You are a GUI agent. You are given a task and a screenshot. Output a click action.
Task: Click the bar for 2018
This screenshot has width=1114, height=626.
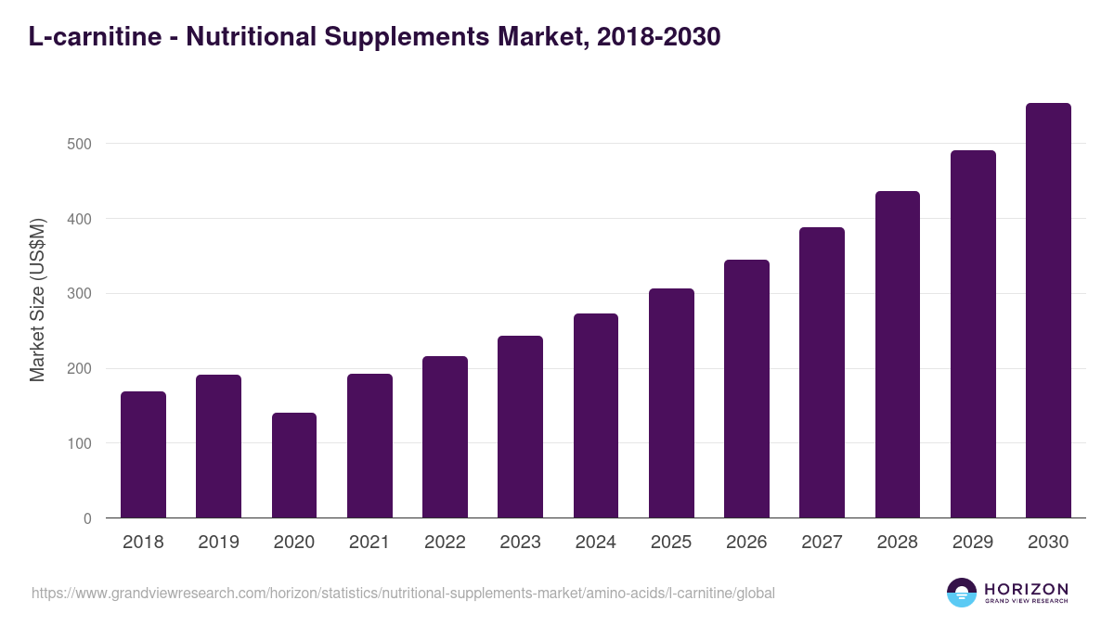143,454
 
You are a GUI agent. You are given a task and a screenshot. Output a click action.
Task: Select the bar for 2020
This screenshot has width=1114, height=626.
294,466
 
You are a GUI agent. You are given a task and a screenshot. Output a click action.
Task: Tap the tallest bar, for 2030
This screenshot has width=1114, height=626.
1048,311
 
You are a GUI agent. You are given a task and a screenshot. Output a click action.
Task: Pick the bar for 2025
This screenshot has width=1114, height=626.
671,403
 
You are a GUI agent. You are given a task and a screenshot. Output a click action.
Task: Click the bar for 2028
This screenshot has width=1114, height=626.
898,354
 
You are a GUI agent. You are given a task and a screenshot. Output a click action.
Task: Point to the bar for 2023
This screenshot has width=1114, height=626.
520,427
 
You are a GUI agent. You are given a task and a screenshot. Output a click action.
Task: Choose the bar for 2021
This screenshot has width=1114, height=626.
369,446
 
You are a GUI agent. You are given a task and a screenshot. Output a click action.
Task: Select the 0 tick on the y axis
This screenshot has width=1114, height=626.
87,519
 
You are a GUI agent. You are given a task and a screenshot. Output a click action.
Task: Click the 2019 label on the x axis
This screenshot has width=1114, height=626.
218,543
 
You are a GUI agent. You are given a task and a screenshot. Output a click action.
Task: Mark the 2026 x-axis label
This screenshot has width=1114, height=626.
746,543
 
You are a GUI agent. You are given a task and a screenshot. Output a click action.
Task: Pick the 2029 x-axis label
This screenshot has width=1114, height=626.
973,543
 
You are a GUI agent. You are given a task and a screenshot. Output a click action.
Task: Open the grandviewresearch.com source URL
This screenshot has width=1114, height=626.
403,593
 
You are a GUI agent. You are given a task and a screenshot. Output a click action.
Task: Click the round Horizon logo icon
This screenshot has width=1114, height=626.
962,593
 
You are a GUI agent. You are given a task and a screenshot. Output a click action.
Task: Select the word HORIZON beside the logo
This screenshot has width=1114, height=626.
1026,588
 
